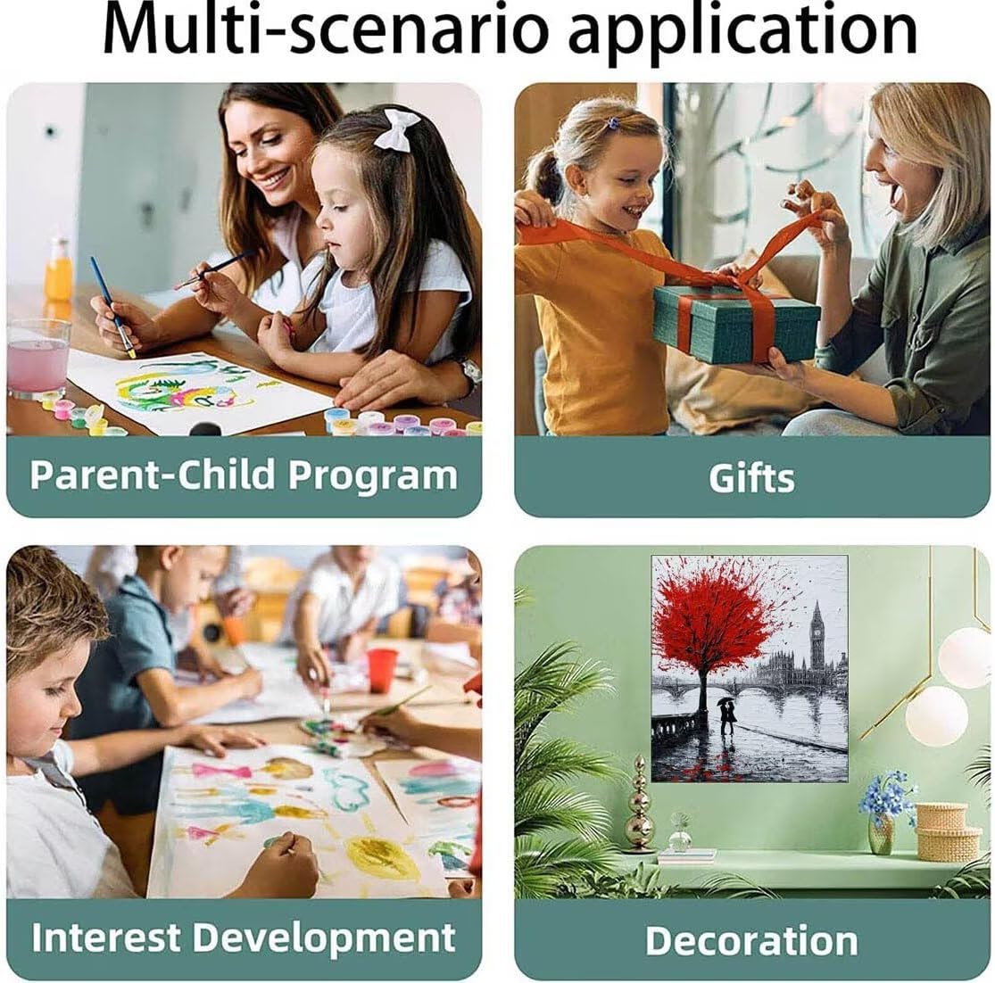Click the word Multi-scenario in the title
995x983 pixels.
(x=325, y=29)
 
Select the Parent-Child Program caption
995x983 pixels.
(x=244, y=475)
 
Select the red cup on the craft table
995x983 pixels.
(x=382, y=670)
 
